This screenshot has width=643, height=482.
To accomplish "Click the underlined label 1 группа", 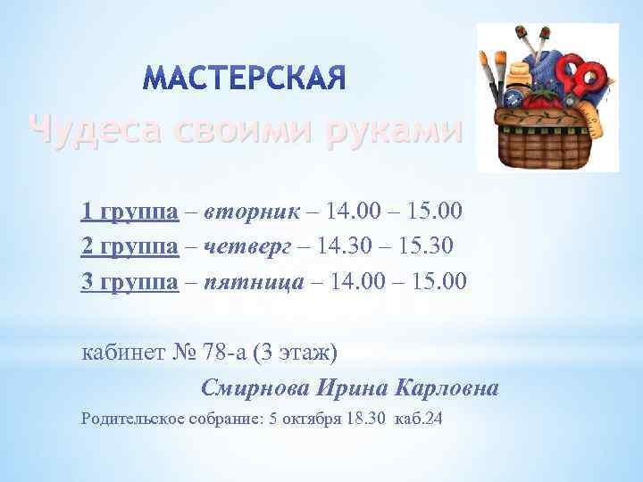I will tap(129, 212).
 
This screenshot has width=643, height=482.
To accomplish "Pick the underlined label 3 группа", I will tap(129, 283).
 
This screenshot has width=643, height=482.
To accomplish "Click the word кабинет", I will tap(121, 353).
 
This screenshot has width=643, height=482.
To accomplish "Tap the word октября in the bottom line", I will tap(306, 417).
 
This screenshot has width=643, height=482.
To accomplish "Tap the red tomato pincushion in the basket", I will tap(541, 98).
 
